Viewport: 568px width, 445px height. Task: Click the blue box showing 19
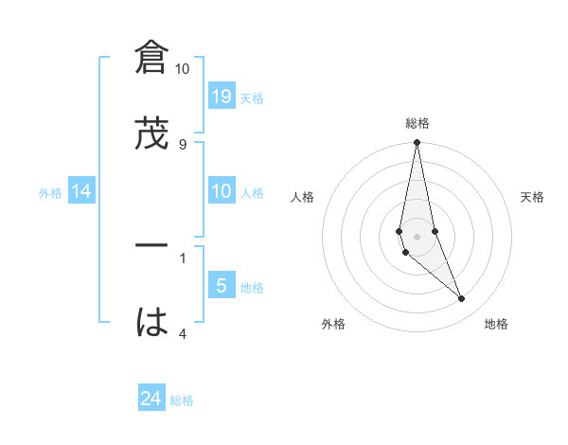point(222,96)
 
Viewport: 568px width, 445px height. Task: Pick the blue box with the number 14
point(81,192)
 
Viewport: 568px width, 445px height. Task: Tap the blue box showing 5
point(222,286)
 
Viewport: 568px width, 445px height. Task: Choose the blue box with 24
point(151,400)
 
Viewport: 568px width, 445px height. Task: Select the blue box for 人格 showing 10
point(222,192)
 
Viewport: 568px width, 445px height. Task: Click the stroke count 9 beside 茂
point(183,145)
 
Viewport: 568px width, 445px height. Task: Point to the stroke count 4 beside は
point(183,333)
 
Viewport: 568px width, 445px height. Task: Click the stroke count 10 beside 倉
point(182,69)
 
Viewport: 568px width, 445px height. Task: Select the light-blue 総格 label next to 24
point(182,400)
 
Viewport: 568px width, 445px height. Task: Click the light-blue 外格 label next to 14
point(50,193)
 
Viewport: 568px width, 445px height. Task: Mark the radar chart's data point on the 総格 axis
point(417,143)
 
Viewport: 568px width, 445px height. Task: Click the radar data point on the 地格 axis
point(462,299)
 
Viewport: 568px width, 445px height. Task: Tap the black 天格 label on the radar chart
point(533,197)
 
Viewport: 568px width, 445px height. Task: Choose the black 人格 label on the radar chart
point(302,197)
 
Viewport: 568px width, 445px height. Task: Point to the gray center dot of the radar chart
point(417,236)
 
